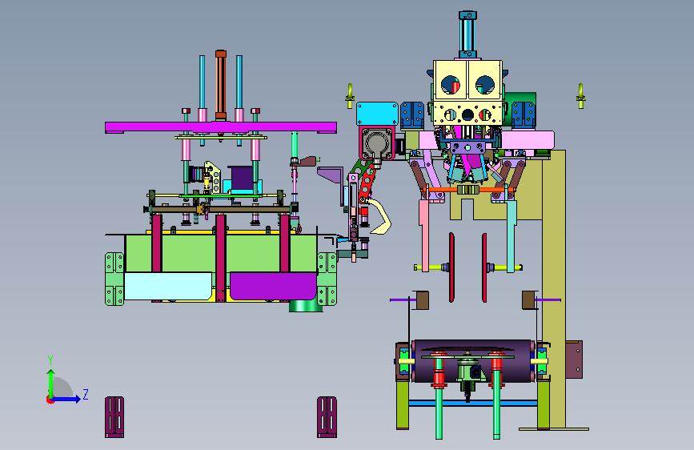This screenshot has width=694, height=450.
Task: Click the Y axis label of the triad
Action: (x=50, y=360)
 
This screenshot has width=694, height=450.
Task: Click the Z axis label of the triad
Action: (x=86, y=394)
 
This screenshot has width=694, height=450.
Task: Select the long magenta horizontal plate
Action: (x=220, y=127)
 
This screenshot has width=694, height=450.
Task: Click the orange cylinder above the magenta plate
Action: (x=221, y=85)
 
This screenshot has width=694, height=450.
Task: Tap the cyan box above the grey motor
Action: (x=377, y=114)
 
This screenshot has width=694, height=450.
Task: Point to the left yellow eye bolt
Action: (x=350, y=95)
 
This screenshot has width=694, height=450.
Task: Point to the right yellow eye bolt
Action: (x=580, y=95)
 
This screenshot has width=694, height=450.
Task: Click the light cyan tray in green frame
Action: (x=168, y=286)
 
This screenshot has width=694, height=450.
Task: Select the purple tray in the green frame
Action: (x=273, y=286)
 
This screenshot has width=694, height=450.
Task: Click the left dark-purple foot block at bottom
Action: (x=114, y=417)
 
